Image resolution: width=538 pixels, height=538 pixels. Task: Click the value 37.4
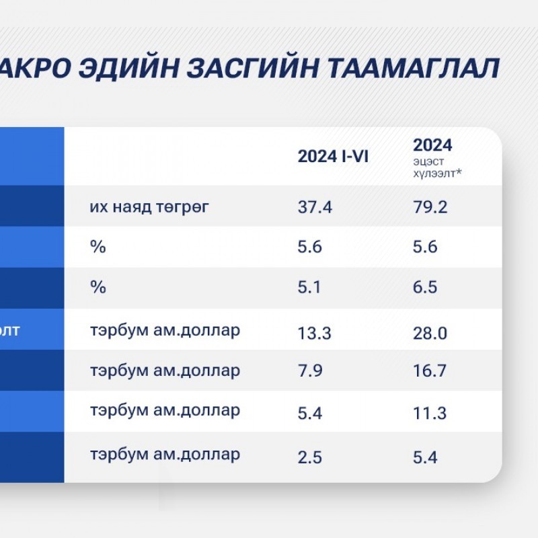coord(315,207)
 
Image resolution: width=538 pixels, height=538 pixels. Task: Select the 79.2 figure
coord(430,207)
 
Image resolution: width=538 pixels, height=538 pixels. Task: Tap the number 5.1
coord(309,287)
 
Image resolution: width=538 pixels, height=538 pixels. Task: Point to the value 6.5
coord(425,287)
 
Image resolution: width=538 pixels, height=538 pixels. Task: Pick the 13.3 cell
coord(314,333)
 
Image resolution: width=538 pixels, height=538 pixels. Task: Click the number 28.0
coord(430,333)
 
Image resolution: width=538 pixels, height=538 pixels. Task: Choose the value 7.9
coord(310,371)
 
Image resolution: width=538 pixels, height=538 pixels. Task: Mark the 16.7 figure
coord(430,371)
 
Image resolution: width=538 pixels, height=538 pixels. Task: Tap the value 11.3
coord(430,413)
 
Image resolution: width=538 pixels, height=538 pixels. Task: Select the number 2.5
coord(309,458)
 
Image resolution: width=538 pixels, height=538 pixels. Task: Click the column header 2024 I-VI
coord(333,157)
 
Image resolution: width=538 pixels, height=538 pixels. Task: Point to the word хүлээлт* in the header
coord(438,174)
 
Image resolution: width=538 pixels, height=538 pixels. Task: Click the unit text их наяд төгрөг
coord(149,207)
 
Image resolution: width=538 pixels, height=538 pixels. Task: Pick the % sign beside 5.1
coord(98,287)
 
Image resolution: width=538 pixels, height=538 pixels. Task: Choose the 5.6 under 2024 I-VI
coord(309,247)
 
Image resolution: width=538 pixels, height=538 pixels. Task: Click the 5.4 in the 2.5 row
coord(425,458)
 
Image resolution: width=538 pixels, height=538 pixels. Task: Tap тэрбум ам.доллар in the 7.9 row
coord(165,371)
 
